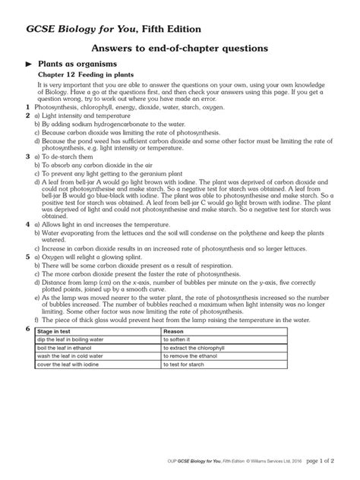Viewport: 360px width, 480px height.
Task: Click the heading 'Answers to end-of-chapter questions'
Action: point(180,48)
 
